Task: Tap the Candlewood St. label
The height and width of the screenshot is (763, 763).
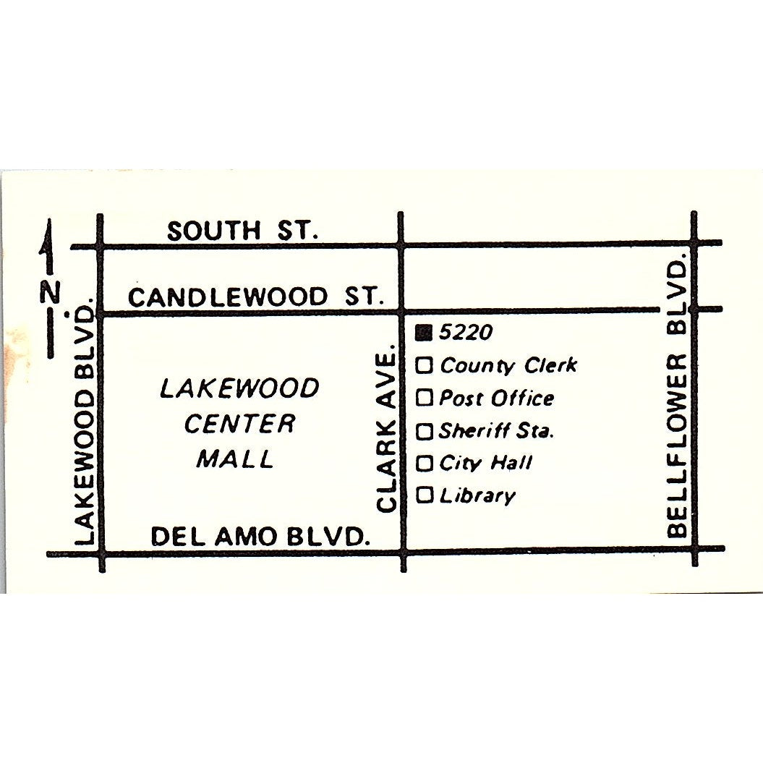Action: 255,297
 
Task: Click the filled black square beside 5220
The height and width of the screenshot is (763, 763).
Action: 425,333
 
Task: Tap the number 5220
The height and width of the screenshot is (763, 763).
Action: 466,332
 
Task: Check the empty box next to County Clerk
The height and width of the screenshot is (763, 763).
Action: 425,366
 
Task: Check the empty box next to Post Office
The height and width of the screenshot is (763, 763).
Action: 425,398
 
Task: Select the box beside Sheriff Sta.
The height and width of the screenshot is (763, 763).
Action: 425,432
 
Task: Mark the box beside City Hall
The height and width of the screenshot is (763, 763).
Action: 425,463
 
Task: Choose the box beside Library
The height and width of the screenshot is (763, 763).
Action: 425,495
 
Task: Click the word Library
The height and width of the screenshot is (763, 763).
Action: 477,496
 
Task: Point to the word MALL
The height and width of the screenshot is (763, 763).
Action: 236,459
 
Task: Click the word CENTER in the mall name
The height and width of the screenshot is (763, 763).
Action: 239,424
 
